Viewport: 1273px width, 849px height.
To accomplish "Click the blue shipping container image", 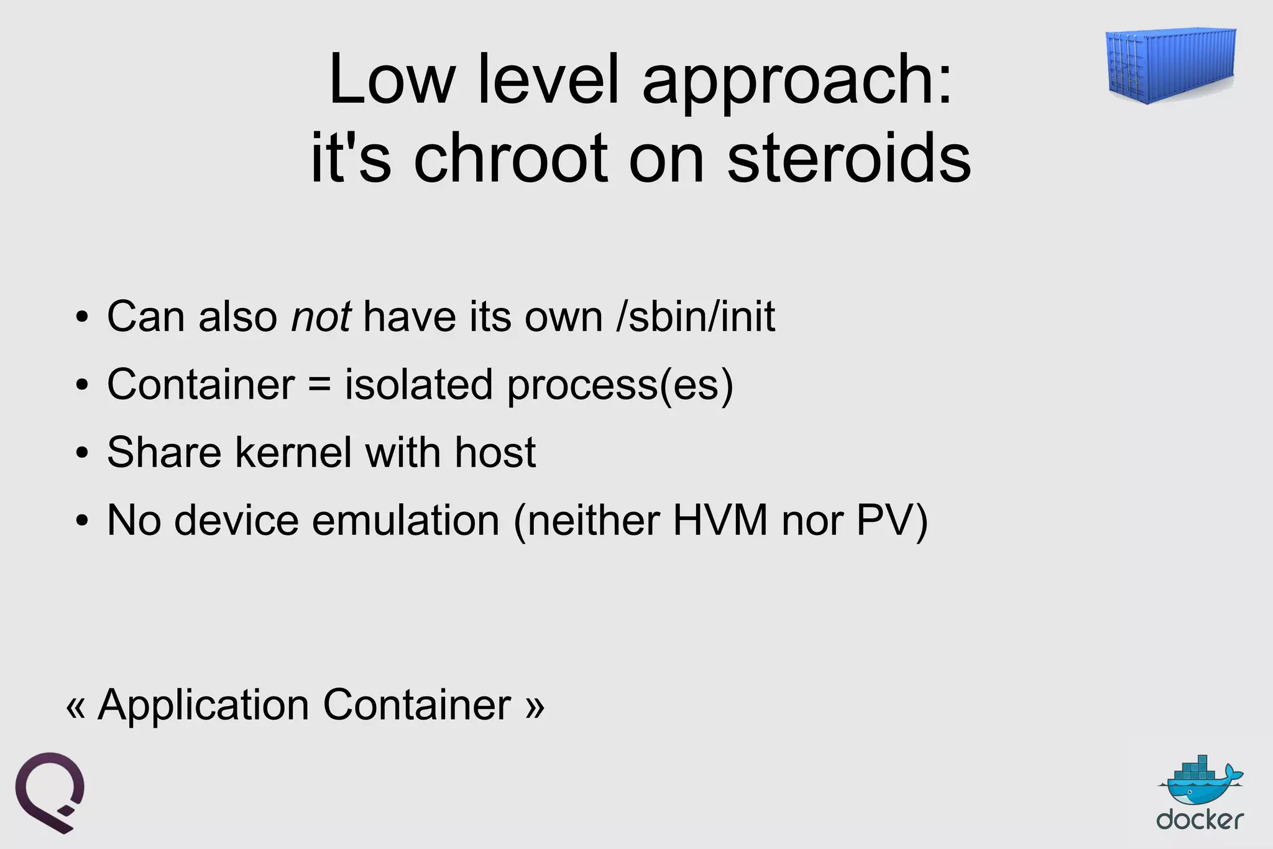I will (x=1170, y=65).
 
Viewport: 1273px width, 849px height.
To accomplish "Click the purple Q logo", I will (x=50, y=792).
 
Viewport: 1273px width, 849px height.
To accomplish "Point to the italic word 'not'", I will (x=321, y=317).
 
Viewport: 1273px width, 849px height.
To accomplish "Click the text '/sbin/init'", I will (x=696, y=317).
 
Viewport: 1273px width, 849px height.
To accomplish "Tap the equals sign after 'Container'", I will (x=319, y=385).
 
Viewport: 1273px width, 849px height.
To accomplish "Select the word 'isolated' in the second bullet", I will (x=419, y=385).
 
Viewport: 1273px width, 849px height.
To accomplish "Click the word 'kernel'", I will (x=293, y=452).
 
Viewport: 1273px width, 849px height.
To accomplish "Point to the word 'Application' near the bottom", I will (x=203, y=705).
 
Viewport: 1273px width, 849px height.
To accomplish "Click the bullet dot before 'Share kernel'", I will (x=81, y=454).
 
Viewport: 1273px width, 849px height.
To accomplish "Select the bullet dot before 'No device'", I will (x=81, y=522).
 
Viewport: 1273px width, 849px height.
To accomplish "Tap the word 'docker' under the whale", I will (x=1200, y=820).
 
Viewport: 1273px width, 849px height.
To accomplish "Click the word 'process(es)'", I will (x=620, y=385).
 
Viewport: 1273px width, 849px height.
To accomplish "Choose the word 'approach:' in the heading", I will (x=797, y=81).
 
